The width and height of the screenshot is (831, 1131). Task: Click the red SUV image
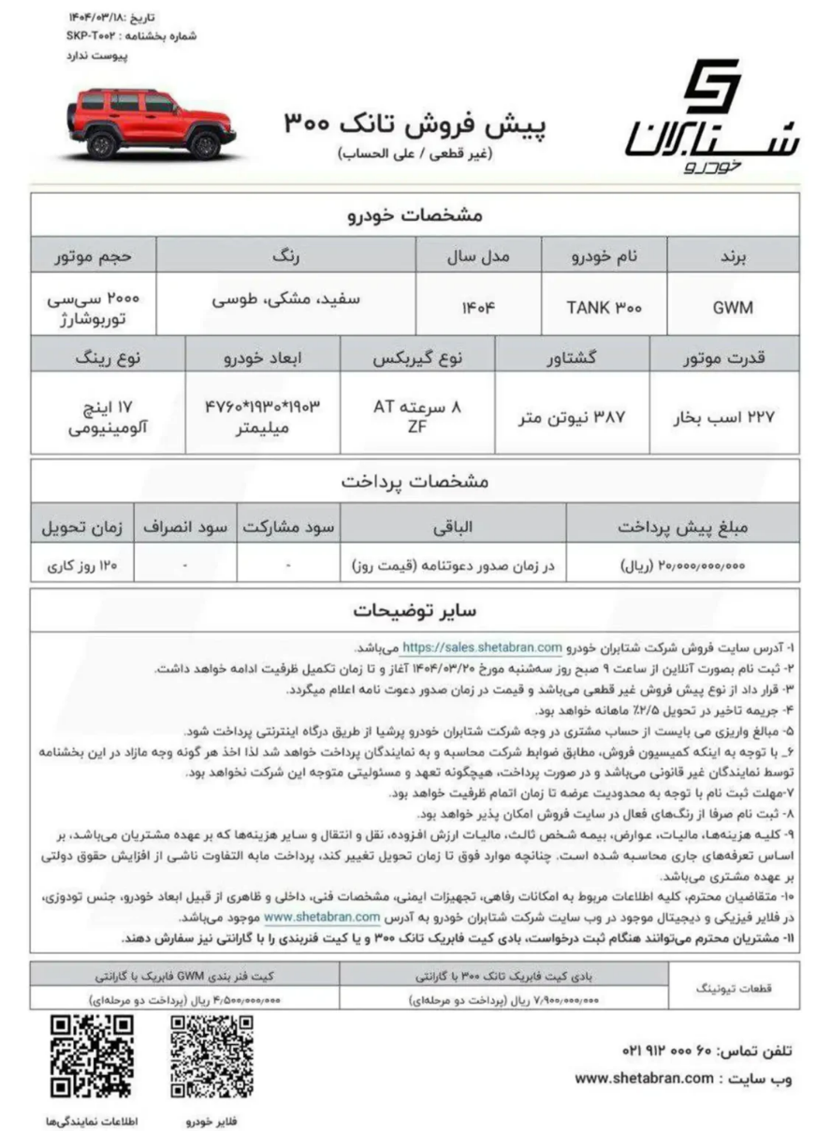(149, 123)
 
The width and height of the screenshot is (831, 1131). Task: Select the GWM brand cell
(734, 306)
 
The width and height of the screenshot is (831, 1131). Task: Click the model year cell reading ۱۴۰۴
(477, 306)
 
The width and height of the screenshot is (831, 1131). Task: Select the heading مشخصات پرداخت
(415, 482)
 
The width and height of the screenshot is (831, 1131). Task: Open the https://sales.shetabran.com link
(482, 646)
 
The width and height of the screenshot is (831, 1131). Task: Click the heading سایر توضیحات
(415, 611)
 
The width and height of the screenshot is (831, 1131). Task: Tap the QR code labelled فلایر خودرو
(211, 1057)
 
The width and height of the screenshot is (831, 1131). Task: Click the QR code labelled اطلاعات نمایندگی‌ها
(92, 1057)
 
